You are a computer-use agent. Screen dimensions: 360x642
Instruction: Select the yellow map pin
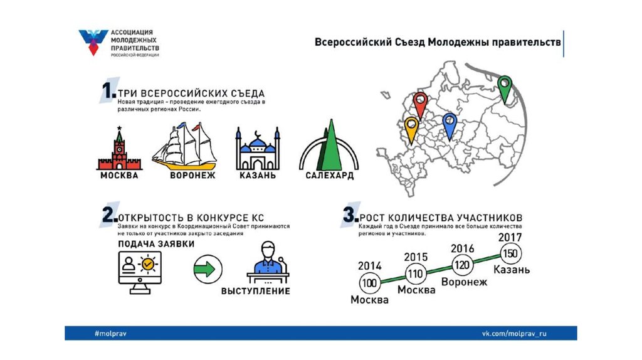[x=411, y=127]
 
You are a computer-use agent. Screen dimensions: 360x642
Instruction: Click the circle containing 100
[x=370, y=283]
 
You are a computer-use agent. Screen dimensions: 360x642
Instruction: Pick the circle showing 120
[x=463, y=265]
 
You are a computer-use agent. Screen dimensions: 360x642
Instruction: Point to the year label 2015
[x=416, y=257]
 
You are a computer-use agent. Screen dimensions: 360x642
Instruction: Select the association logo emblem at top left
[x=93, y=42]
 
